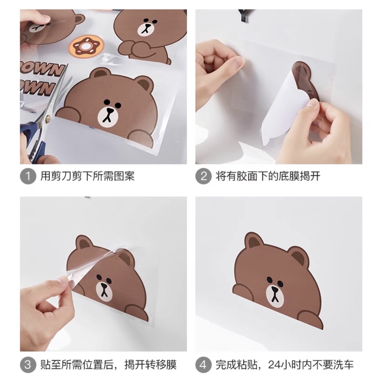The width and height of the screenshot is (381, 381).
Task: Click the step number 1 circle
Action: [28, 176]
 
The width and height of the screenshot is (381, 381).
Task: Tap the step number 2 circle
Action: [203, 176]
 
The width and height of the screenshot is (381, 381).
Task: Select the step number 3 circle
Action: [28, 364]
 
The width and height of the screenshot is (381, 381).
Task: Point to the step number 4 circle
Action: [203, 364]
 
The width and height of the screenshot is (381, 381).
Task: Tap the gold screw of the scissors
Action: [47, 119]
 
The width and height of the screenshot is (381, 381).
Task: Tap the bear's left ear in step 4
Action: [253, 242]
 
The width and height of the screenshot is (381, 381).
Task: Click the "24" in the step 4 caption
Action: [274, 364]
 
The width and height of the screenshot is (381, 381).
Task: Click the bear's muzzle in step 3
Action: [104, 292]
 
